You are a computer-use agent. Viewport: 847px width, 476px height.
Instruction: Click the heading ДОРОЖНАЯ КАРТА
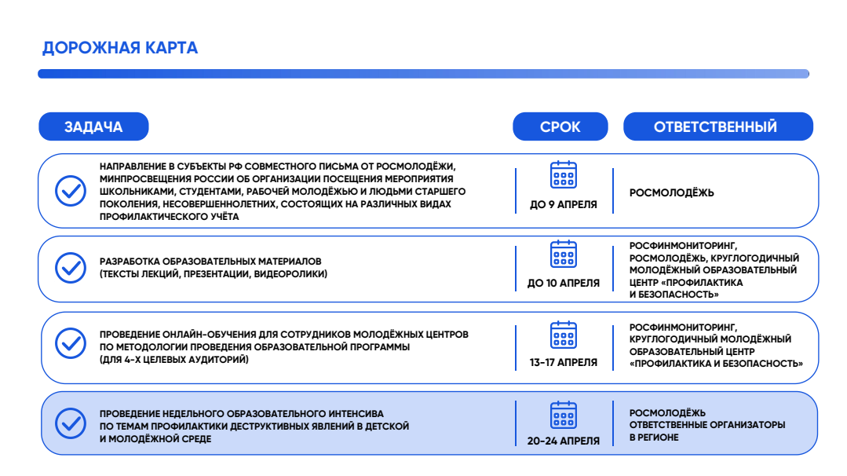(x=120, y=48)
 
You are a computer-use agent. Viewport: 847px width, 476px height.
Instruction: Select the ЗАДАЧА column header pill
(x=93, y=126)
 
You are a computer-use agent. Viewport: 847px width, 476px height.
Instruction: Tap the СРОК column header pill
(x=560, y=126)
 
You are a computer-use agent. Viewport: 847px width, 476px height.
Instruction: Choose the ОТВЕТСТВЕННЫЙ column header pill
(x=717, y=126)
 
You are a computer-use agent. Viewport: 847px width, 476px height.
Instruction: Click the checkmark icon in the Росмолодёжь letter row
(x=71, y=191)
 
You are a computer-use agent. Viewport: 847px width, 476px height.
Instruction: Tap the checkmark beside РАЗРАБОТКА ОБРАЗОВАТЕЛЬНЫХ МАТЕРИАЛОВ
(x=71, y=267)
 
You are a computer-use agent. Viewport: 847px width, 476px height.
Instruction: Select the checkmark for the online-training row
(x=71, y=343)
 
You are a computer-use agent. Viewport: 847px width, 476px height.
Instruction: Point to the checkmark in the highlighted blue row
(x=71, y=423)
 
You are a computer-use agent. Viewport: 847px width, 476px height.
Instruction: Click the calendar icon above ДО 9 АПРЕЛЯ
(x=564, y=175)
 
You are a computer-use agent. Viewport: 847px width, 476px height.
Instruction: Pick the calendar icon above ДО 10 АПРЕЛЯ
(x=564, y=254)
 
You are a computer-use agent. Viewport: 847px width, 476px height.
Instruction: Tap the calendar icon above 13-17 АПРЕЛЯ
(x=564, y=335)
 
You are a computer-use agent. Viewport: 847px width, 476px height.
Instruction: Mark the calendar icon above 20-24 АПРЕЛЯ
(x=564, y=415)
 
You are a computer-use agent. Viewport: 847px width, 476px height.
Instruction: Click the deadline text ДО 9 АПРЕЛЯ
(x=564, y=205)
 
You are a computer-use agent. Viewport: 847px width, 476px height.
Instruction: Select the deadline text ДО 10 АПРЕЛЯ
(x=564, y=283)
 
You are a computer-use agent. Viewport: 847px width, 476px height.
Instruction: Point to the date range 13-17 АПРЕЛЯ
(x=564, y=363)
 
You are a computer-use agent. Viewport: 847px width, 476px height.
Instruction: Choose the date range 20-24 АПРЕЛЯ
(x=564, y=441)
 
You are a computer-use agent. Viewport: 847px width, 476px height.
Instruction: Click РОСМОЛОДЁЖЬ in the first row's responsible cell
(x=672, y=192)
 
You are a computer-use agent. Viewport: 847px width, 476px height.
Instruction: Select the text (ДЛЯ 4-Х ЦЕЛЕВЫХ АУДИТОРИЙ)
(x=174, y=360)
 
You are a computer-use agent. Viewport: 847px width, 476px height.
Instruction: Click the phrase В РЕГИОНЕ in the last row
(x=654, y=437)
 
